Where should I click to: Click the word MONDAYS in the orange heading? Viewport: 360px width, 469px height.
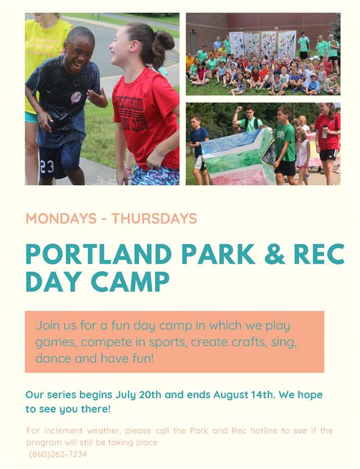(x=61, y=219)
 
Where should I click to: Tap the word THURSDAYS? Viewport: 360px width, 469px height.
(x=154, y=219)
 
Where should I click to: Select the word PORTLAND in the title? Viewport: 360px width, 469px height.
(x=99, y=254)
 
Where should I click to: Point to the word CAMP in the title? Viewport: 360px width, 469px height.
(x=130, y=282)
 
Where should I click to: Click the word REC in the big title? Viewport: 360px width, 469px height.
(x=319, y=254)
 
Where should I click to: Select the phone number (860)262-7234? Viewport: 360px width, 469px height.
(x=58, y=454)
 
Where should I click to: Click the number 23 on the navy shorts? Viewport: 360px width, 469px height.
(x=47, y=167)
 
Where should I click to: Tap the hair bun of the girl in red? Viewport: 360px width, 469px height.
(x=165, y=40)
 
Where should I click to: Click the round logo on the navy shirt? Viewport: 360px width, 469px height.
(x=76, y=98)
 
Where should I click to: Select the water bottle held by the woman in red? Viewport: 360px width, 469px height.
(x=325, y=131)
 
